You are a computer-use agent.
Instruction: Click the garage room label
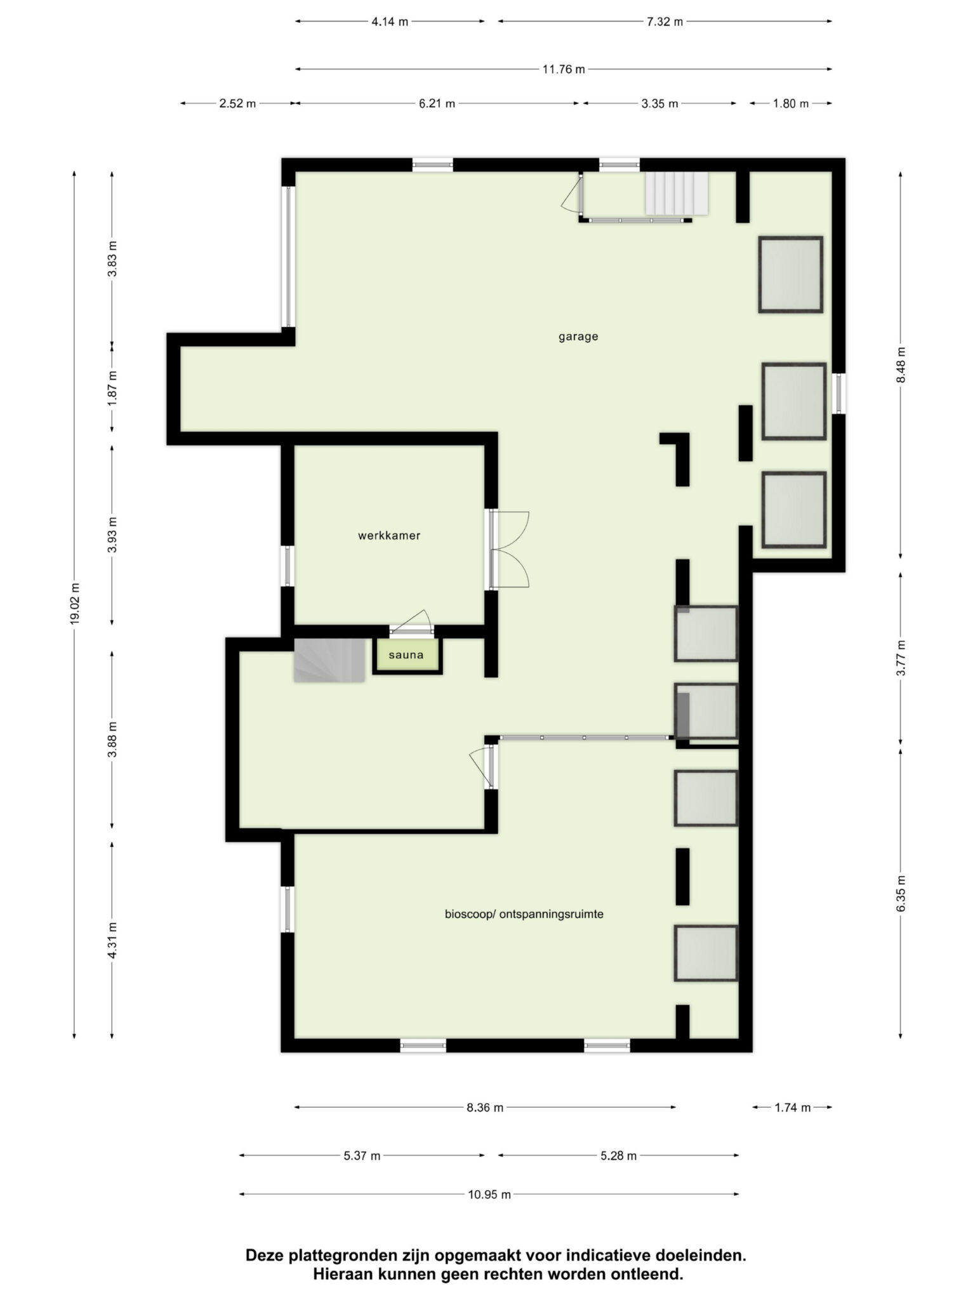(x=578, y=337)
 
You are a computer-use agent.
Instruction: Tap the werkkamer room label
(x=389, y=536)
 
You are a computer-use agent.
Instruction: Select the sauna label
(x=406, y=655)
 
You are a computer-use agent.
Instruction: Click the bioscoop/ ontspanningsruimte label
(x=524, y=915)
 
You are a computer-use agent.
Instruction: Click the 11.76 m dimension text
(x=564, y=69)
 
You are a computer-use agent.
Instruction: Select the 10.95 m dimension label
(x=489, y=1195)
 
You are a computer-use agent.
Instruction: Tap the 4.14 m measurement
(x=390, y=22)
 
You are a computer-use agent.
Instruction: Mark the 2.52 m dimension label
(x=237, y=103)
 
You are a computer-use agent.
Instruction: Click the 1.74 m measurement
(x=792, y=1108)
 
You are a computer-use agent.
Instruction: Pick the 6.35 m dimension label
(x=901, y=893)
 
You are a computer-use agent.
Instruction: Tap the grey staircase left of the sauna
(x=329, y=660)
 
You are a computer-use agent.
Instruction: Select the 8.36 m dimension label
(x=485, y=1108)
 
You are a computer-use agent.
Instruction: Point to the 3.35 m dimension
(x=660, y=103)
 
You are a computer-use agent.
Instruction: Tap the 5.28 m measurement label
(x=618, y=1156)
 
